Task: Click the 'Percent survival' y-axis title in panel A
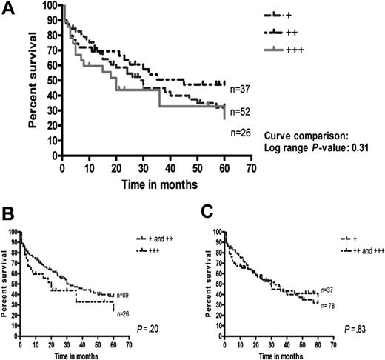34,81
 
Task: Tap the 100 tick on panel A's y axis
49,5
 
